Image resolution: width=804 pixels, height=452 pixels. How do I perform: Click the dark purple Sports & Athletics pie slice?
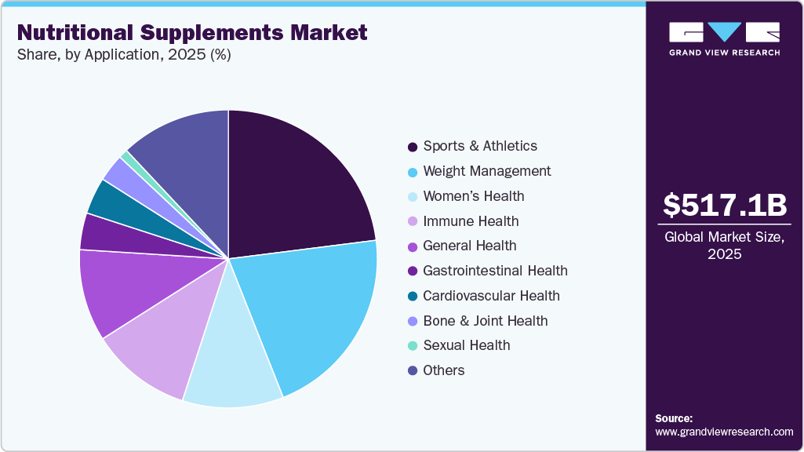click(294, 184)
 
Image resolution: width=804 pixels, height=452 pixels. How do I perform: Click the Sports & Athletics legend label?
click(480, 146)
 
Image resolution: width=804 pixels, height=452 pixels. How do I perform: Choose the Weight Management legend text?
click(486, 171)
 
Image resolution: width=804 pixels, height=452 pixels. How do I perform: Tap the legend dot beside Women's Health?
click(412, 197)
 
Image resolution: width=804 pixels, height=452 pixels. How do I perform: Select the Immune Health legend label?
click(471, 221)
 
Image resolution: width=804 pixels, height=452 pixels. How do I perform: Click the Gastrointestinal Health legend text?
click(495, 271)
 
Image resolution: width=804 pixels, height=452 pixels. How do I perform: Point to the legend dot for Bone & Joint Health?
click(412, 322)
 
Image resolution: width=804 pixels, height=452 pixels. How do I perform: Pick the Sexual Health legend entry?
click(467, 345)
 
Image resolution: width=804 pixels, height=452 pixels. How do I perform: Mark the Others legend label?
click(444, 370)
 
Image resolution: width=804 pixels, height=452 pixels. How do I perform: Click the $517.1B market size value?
click(724, 206)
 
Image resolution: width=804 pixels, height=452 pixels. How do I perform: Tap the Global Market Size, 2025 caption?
click(724, 246)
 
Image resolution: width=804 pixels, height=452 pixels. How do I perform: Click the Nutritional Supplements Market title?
click(191, 33)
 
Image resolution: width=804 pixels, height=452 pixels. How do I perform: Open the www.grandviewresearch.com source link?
click(724, 432)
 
